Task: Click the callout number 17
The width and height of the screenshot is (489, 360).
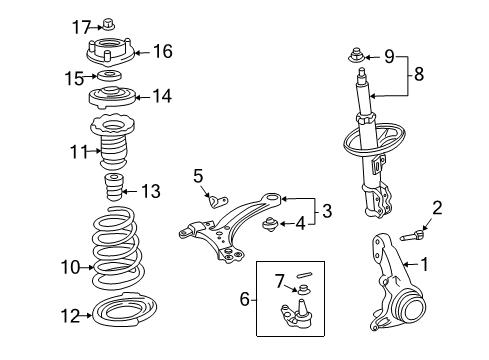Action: [82, 25]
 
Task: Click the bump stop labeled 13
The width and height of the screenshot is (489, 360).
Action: [113, 189]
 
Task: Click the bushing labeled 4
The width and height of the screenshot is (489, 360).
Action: [268, 224]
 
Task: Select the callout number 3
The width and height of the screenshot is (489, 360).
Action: [326, 210]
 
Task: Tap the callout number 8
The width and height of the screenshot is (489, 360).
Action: [419, 73]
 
